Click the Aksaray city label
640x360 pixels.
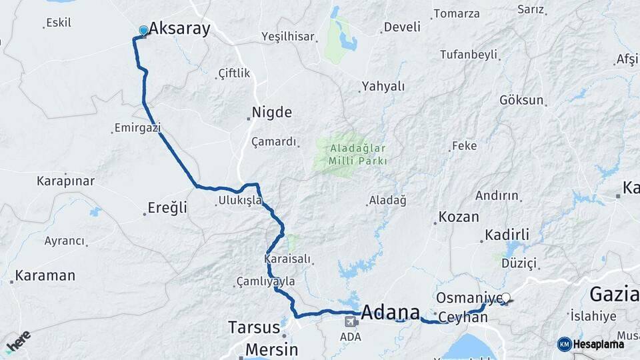click(x=179, y=29)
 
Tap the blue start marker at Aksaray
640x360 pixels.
click(x=143, y=30)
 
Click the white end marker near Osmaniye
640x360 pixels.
click(x=506, y=298)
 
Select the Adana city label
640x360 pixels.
click(x=391, y=312)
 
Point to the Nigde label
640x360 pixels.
click(x=272, y=112)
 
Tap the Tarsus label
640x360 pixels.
click(x=254, y=327)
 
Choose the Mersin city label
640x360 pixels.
click(x=271, y=349)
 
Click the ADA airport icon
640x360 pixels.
click(x=349, y=322)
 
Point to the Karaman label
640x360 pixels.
click(x=45, y=275)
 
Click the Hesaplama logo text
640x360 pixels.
click(x=599, y=344)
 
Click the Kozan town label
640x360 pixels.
click(x=459, y=217)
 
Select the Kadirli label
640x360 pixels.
click(x=507, y=235)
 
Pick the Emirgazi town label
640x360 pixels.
click(x=137, y=127)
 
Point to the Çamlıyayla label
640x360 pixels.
click(x=266, y=282)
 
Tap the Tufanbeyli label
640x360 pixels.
click(x=469, y=54)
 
